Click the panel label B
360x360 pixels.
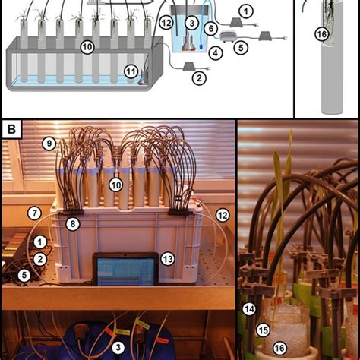(x=12, y=129)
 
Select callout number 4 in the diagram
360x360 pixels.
(x=216, y=52)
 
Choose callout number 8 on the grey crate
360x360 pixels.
(x=73, y=223)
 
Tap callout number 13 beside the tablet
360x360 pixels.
(x=167, y=259)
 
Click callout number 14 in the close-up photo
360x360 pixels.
(x=248, y=308)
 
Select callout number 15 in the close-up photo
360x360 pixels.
(x=263, y=330)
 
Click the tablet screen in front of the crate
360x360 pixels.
(x=125, y=270)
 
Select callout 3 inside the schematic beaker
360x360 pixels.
(x=192, y=24)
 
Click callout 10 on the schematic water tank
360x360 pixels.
(x=88, y=47)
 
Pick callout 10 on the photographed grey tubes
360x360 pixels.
(x=115, y=185)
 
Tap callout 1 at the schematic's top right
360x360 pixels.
(x=245, y=11)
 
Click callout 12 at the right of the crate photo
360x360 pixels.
(x=223, y=216)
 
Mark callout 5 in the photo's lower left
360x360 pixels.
(x=24, y=275)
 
